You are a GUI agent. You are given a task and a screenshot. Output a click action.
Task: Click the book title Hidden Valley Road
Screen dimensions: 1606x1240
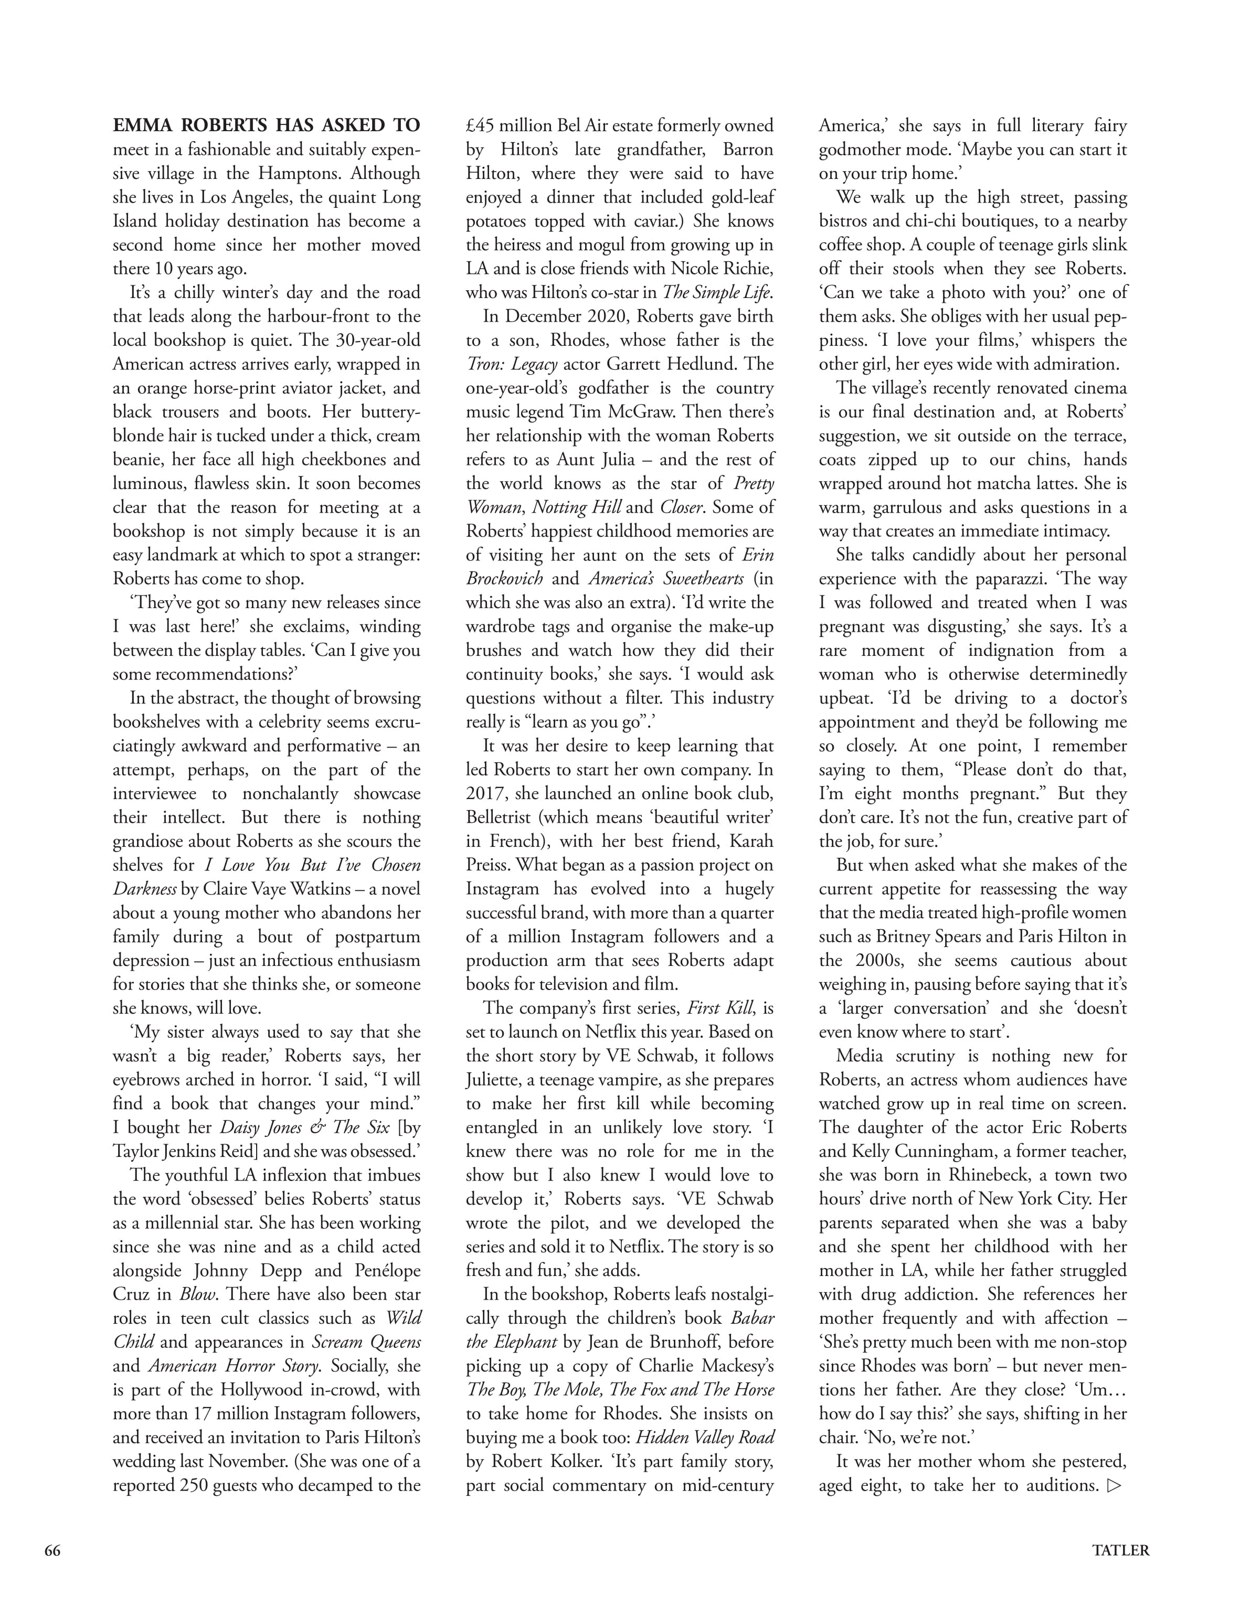click(705, 1438)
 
